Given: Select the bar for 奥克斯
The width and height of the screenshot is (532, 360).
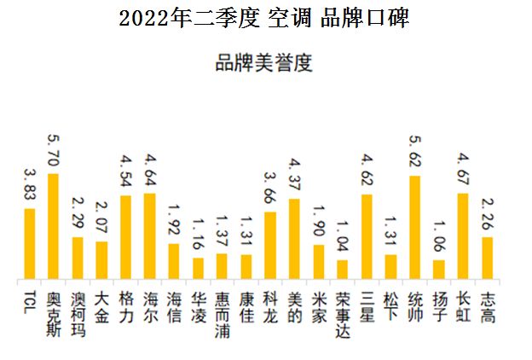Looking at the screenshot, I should (53, 226).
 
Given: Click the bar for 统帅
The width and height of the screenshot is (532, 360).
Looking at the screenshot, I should (415, 227).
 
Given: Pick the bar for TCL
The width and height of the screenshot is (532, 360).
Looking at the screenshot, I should (29, 244).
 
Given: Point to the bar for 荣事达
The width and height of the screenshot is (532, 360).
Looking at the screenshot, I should (343, 270).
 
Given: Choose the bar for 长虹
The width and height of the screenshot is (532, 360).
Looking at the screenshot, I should (463, 235).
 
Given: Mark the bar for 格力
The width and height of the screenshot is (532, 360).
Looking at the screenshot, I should (125, 237).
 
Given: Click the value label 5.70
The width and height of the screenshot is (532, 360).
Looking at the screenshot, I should (53, 150).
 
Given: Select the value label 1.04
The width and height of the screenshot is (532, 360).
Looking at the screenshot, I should (343, 237).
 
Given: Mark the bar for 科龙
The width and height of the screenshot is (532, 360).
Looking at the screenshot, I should (270, 246).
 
